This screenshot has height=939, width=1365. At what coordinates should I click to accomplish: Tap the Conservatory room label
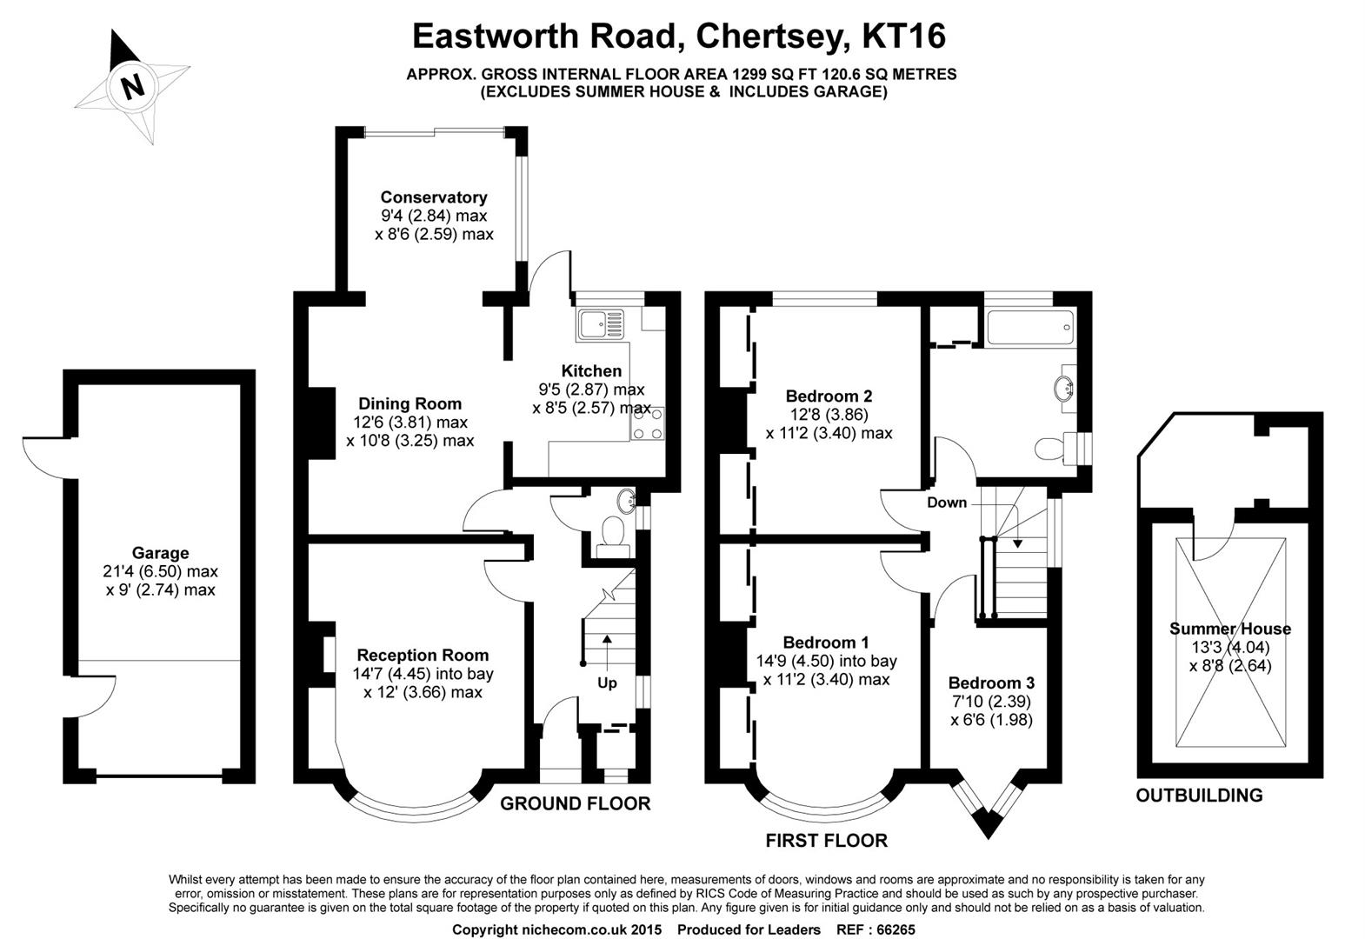point(433,197)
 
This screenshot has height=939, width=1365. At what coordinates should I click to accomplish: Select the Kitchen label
point(591,371)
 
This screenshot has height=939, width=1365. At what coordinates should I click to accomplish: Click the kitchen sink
point(599,324)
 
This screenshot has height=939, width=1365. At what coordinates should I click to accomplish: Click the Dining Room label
point(409,403)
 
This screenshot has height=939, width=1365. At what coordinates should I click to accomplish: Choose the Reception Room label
point(423,655)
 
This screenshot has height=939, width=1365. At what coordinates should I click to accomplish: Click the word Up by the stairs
point(607,683)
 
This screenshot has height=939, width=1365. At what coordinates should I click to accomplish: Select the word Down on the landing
point(947,503)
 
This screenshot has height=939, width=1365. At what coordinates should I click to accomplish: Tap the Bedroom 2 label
point(829,396)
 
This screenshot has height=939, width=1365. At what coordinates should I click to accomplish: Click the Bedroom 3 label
point(991,683)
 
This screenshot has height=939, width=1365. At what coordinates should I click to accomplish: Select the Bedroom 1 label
point(825,643)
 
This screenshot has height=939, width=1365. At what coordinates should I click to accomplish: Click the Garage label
point(160,553)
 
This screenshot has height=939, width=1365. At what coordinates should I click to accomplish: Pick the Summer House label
point(1229,629)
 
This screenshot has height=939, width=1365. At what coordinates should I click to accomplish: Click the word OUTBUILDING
point(1199,795)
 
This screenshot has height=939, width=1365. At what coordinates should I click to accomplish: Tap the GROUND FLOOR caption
point(575,803)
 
